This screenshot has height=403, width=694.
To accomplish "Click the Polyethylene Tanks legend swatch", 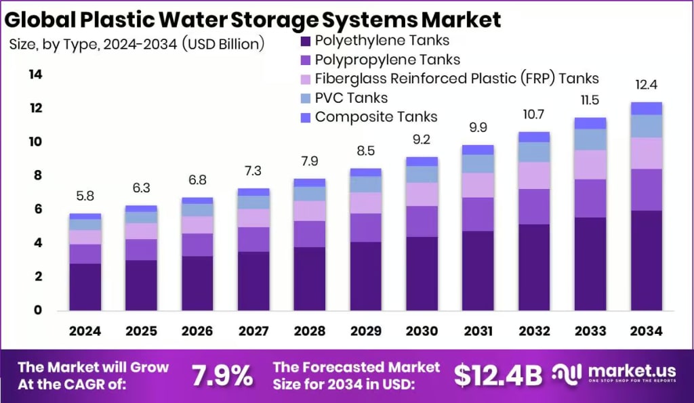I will [305, 41].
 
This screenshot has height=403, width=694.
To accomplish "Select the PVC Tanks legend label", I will [351, 98].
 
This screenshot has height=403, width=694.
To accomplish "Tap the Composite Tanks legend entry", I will [376, 116].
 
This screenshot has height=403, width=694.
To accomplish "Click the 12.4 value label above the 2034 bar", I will [645, 85].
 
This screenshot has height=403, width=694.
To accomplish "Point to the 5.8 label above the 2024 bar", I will [85, 197].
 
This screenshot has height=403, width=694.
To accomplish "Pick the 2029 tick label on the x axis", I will [365, 331].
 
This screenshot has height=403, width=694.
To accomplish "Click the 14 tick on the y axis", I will [35, 75].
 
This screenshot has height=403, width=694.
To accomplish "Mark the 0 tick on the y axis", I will [38, 310].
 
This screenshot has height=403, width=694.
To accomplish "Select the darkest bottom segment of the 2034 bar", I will [645, 260].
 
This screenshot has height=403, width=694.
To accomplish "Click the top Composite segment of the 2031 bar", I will [477, 150].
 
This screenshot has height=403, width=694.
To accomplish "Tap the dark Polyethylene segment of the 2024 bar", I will [85, 287].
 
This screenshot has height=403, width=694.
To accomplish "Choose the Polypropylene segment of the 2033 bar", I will [590, 198].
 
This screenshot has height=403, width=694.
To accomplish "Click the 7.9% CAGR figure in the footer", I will [222, 375].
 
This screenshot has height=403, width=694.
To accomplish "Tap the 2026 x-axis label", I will [197, 331].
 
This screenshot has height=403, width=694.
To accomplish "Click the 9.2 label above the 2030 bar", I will [422, 141].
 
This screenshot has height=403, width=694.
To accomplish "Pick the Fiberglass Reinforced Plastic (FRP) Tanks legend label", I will [457, 79].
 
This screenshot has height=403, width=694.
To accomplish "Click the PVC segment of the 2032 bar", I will [533, 152].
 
